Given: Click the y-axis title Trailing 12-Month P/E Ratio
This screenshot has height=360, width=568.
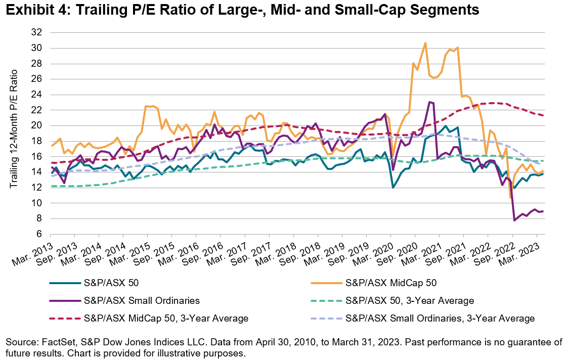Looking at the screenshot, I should click(15, 133).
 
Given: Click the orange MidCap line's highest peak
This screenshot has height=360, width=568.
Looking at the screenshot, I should click(425, 43).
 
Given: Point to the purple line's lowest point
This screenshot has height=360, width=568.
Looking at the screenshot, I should click(515, 220).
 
